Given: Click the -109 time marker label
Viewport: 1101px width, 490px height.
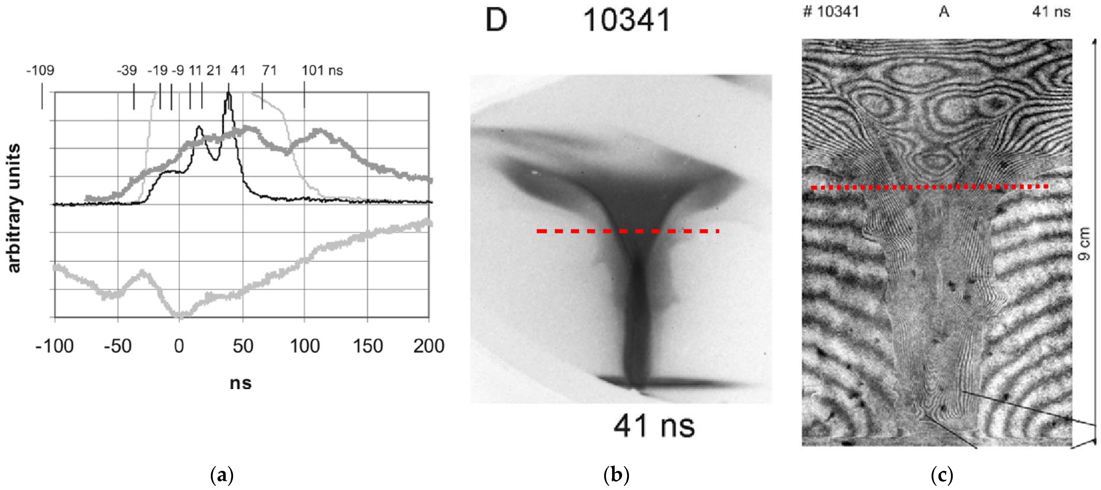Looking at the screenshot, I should tap(41, 71).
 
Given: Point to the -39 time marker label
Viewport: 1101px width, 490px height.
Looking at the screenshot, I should tap(127, 71).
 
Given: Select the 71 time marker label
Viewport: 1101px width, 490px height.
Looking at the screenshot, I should tap(269, 71).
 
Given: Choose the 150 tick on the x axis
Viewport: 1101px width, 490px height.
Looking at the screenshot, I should tap(368, 346).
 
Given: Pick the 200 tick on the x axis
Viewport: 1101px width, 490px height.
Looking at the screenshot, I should tap(429, 346).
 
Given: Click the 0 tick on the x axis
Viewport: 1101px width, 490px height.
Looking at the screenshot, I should tap(179, 346).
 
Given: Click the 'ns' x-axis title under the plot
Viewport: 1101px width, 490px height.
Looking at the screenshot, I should tap(241, 383).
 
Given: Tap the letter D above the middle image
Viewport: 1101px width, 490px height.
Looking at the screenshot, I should tap(496, 20).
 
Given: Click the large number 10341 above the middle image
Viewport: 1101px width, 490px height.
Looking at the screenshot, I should tap(627, 20).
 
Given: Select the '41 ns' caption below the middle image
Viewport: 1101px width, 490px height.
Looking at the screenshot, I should tap(654, 426).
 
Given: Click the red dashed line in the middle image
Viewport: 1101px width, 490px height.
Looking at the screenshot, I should tap(627, 231).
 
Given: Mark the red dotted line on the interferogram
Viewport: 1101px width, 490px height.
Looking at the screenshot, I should tap(930, 187).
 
